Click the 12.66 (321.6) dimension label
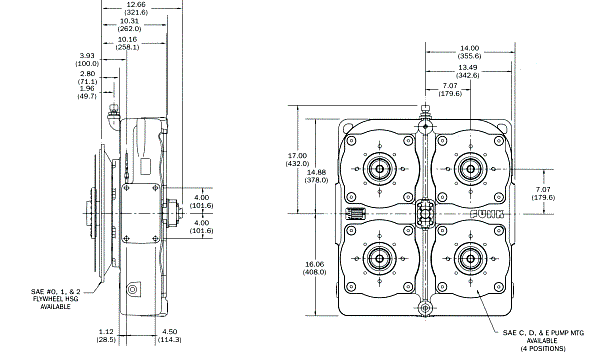tap(137, 8)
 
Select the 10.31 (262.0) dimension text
tap(129, 25)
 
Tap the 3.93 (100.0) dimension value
tap(87, 59)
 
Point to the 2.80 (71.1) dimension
tap(87, 77)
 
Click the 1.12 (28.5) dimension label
tap(106, 336)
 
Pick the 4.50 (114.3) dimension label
tap(170, 336)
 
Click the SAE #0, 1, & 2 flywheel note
tap(55, 299)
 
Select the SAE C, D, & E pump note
tap(543, 340)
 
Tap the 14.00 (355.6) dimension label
tap(470, 52)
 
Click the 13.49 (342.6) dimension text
tap(468, 71)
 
